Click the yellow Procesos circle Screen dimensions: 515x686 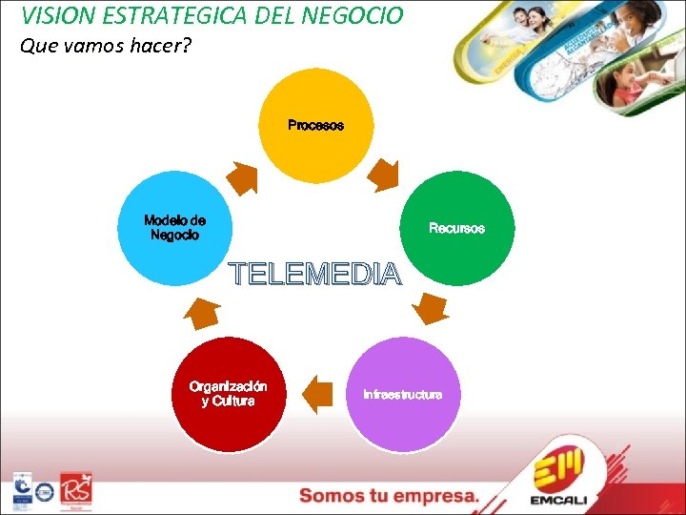pyautogui.click(x=315, y=126)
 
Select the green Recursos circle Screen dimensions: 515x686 pyautogui.click(x=456, y=229)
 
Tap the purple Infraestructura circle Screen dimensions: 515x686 pyautogui.click(x=402, y=394)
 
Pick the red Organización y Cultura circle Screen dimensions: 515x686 pyautogui.click(x=229, y=394)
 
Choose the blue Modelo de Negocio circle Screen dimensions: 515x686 pyautogui.click(x=174, y=228)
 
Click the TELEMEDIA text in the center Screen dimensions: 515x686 pyautogui.click(x=316, y=276)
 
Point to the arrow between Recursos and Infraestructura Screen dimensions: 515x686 pyautogui.click(x=433, y=307)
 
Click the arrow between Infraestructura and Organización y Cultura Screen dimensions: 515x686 pyautogui.click(x=316, y=391)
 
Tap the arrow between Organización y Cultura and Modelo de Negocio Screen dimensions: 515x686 pyautogui.click(x=202, y=311)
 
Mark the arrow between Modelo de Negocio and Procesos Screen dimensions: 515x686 pyautogui.click(x=243, y=178)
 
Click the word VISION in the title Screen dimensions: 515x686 pyautogui.click(x=55, y=15)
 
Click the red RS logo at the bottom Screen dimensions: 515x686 pyautogui.click(x=76, y=490)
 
